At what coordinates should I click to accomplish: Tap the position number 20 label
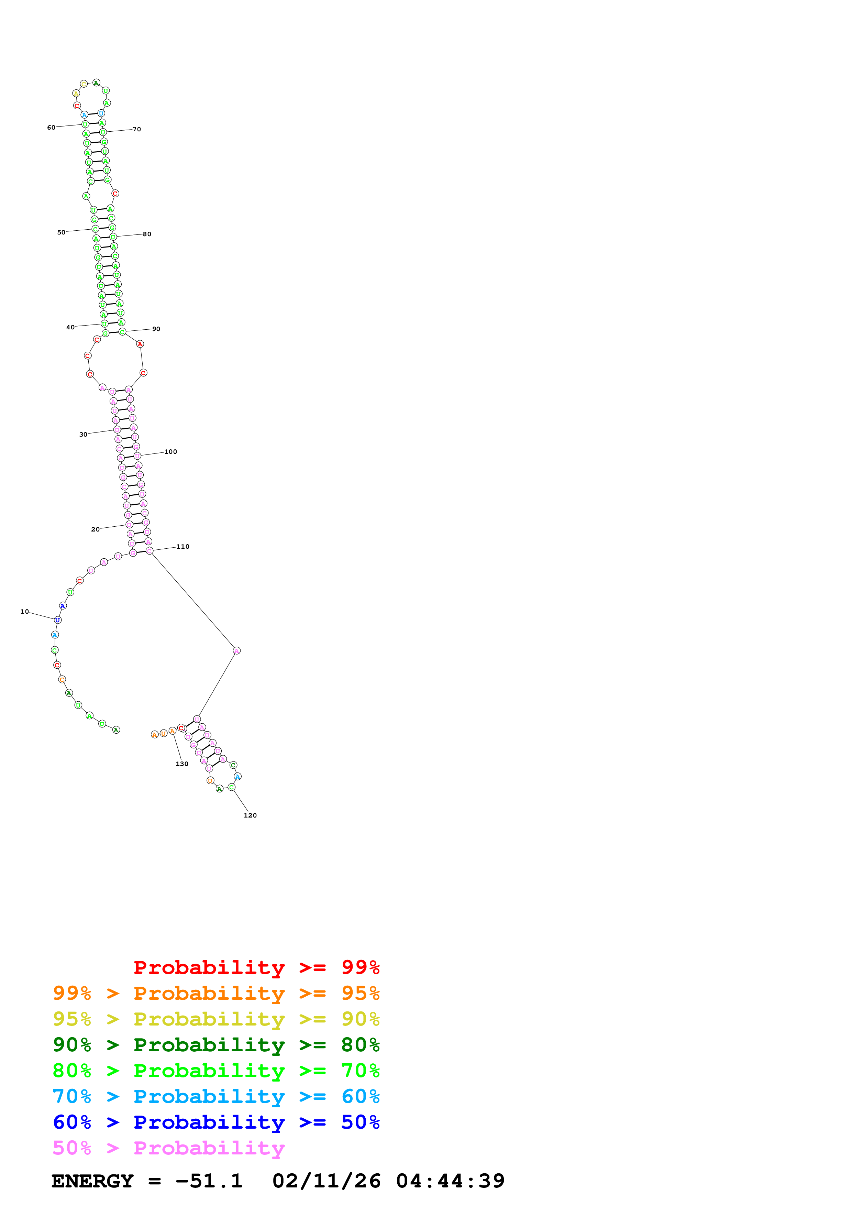[x=95, y=529]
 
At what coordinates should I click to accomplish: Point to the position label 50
[x=61, y=232]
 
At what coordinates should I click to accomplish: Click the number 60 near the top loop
[x=51, y=128]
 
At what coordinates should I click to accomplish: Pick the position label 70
[x=136, y=129]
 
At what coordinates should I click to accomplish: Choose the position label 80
[x=147, y=234]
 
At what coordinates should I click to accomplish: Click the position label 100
[x=170, y=452]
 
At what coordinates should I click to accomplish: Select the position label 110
[x=183, y=547]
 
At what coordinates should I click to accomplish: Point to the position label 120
[x=250, y=815]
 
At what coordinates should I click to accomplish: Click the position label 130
[x=181, y=764]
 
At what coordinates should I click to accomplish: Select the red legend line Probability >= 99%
[x=256, y=967]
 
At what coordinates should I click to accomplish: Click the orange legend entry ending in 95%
[x=216, y=993]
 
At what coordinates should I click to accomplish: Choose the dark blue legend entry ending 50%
[x=216, y=1122]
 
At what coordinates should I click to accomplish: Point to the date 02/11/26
[x=326, y=1181]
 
